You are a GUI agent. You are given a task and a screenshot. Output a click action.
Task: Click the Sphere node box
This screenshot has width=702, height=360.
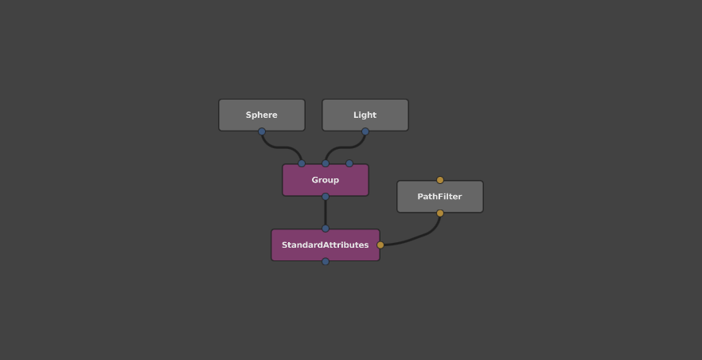(262, 115)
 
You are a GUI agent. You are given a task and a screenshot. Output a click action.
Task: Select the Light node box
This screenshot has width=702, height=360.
(365, 115)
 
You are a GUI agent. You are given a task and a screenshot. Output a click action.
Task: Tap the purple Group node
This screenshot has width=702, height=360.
(326, 180)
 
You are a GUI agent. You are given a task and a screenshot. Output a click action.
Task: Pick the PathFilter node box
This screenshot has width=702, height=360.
(440, 197)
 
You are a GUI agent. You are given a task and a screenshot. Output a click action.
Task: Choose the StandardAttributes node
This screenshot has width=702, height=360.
(326, 245)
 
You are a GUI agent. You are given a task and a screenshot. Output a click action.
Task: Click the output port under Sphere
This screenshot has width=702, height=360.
(262, 131)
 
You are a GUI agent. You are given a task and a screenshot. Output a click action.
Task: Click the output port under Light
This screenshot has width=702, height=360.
(365, 131)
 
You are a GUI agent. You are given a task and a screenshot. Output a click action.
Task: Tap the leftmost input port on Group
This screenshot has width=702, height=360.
(302, 163)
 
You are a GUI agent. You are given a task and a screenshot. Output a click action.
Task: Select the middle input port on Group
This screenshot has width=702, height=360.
(326, 163)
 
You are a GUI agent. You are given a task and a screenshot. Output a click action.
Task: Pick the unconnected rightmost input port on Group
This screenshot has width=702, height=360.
(349, 163)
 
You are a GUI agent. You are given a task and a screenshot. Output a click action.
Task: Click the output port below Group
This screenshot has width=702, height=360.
(326, 197)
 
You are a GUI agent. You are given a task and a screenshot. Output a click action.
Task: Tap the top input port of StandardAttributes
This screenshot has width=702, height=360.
(326, 229)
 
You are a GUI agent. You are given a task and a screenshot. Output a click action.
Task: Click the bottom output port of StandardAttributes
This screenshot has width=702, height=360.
(326, 261)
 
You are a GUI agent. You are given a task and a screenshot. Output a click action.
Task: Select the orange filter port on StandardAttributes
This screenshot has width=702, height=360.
(380, 245)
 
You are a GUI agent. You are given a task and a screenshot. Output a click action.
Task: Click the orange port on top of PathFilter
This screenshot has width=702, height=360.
(440, 180)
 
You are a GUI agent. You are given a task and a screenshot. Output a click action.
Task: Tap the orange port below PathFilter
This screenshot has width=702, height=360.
(440, 213)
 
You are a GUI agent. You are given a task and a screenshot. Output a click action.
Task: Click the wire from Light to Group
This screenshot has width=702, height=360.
(345, 147)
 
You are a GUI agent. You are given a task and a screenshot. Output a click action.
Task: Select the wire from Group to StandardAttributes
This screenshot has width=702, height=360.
(326, 213)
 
